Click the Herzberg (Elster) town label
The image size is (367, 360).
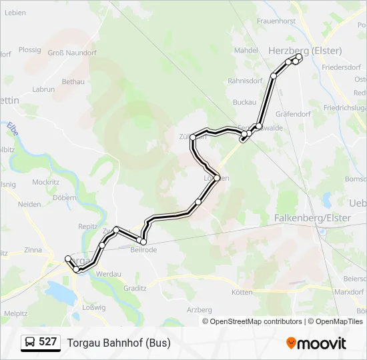[x=305, y=51]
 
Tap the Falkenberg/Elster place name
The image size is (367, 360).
[x=312, y=218]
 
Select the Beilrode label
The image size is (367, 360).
[x=143, y=250]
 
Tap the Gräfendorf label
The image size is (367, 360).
[x=294, y=114]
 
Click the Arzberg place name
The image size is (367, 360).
[x=200, y=309]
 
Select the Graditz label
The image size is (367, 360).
[x=135, y=289]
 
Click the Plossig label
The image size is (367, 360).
[x=30, y=49]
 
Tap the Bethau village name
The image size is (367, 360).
[x=73, y=81]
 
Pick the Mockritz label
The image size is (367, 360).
[x=45, y=181]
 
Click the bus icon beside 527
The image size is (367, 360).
[x=31, y=343]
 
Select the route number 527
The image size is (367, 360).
[x=48, y=342]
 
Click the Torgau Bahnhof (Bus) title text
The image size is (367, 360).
[x=119, y=343]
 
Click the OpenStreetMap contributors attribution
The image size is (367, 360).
[x=252, y=321]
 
